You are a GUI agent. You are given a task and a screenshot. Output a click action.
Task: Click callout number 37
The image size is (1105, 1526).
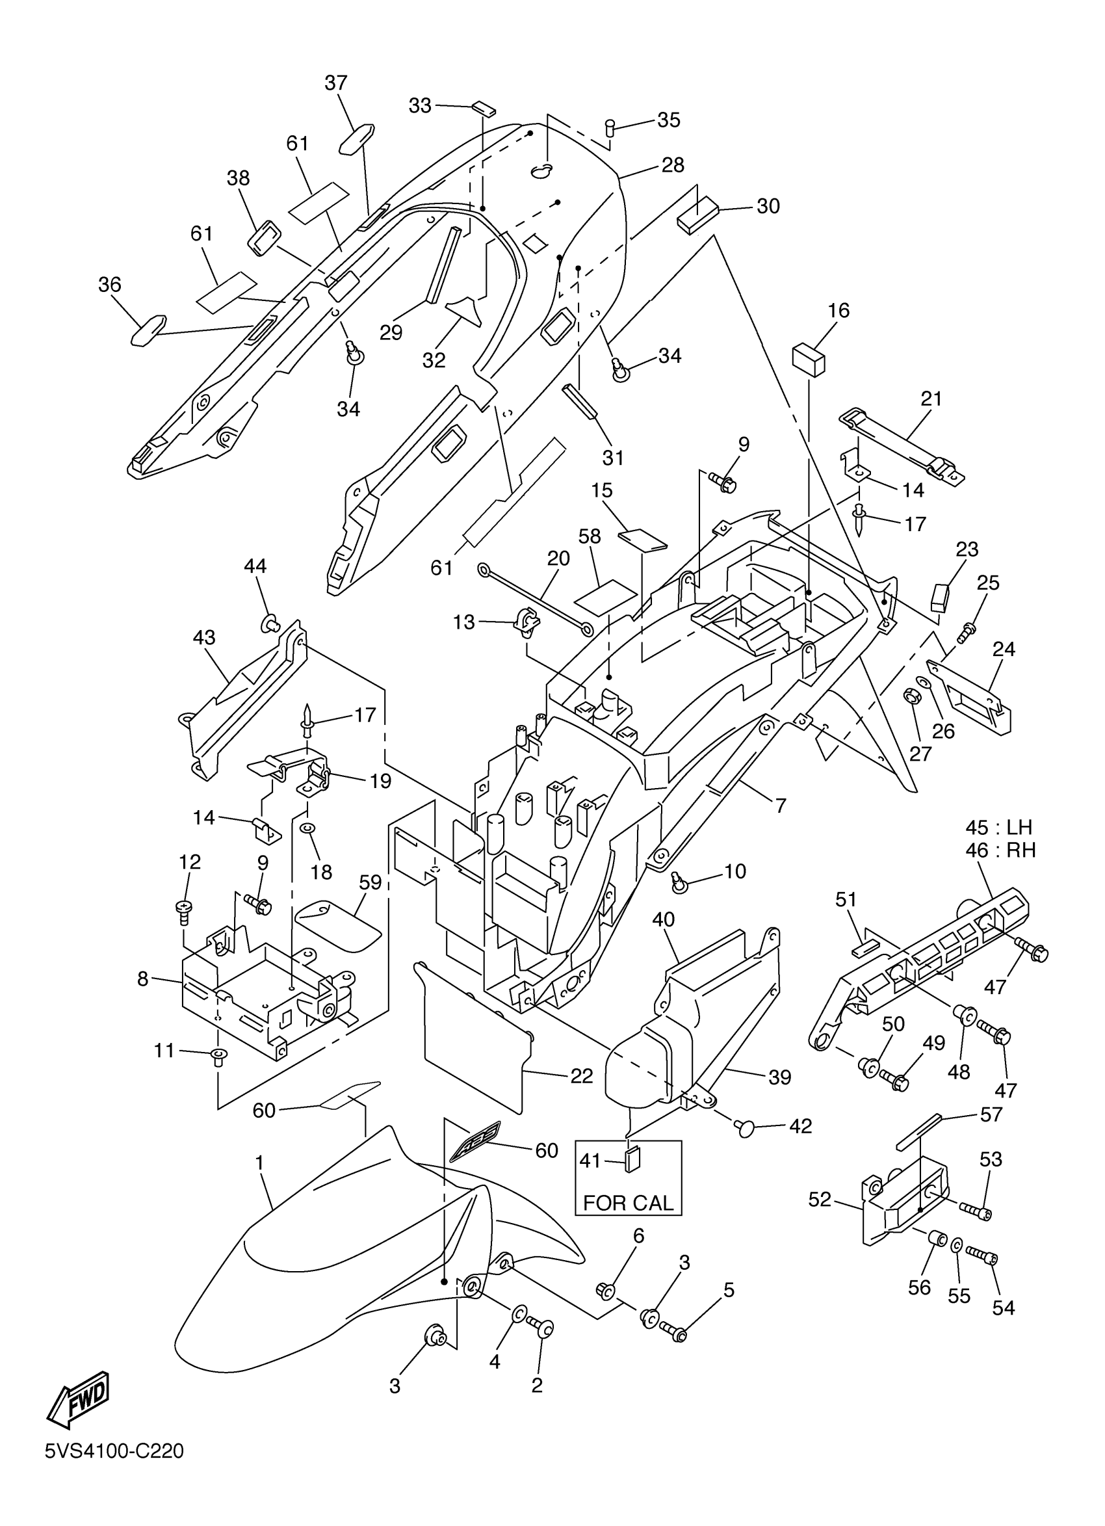(335, 83)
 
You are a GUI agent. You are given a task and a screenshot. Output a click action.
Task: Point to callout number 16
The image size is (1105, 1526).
(838, 310)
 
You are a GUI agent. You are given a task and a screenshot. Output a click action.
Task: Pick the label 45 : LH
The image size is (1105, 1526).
(998, 827)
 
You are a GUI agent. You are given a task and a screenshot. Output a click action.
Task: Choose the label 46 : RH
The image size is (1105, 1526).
(1000, 850)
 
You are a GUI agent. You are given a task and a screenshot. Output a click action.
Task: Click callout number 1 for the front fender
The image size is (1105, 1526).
(259, 1162)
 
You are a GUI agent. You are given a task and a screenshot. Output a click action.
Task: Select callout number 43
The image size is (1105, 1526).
(204, 637)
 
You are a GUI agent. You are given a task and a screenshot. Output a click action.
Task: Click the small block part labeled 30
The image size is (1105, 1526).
(698, 214)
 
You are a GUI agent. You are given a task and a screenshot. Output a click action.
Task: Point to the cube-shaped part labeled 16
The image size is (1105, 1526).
(809, 358)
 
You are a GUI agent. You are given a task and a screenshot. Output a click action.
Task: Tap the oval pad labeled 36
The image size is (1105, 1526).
(149, 330)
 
